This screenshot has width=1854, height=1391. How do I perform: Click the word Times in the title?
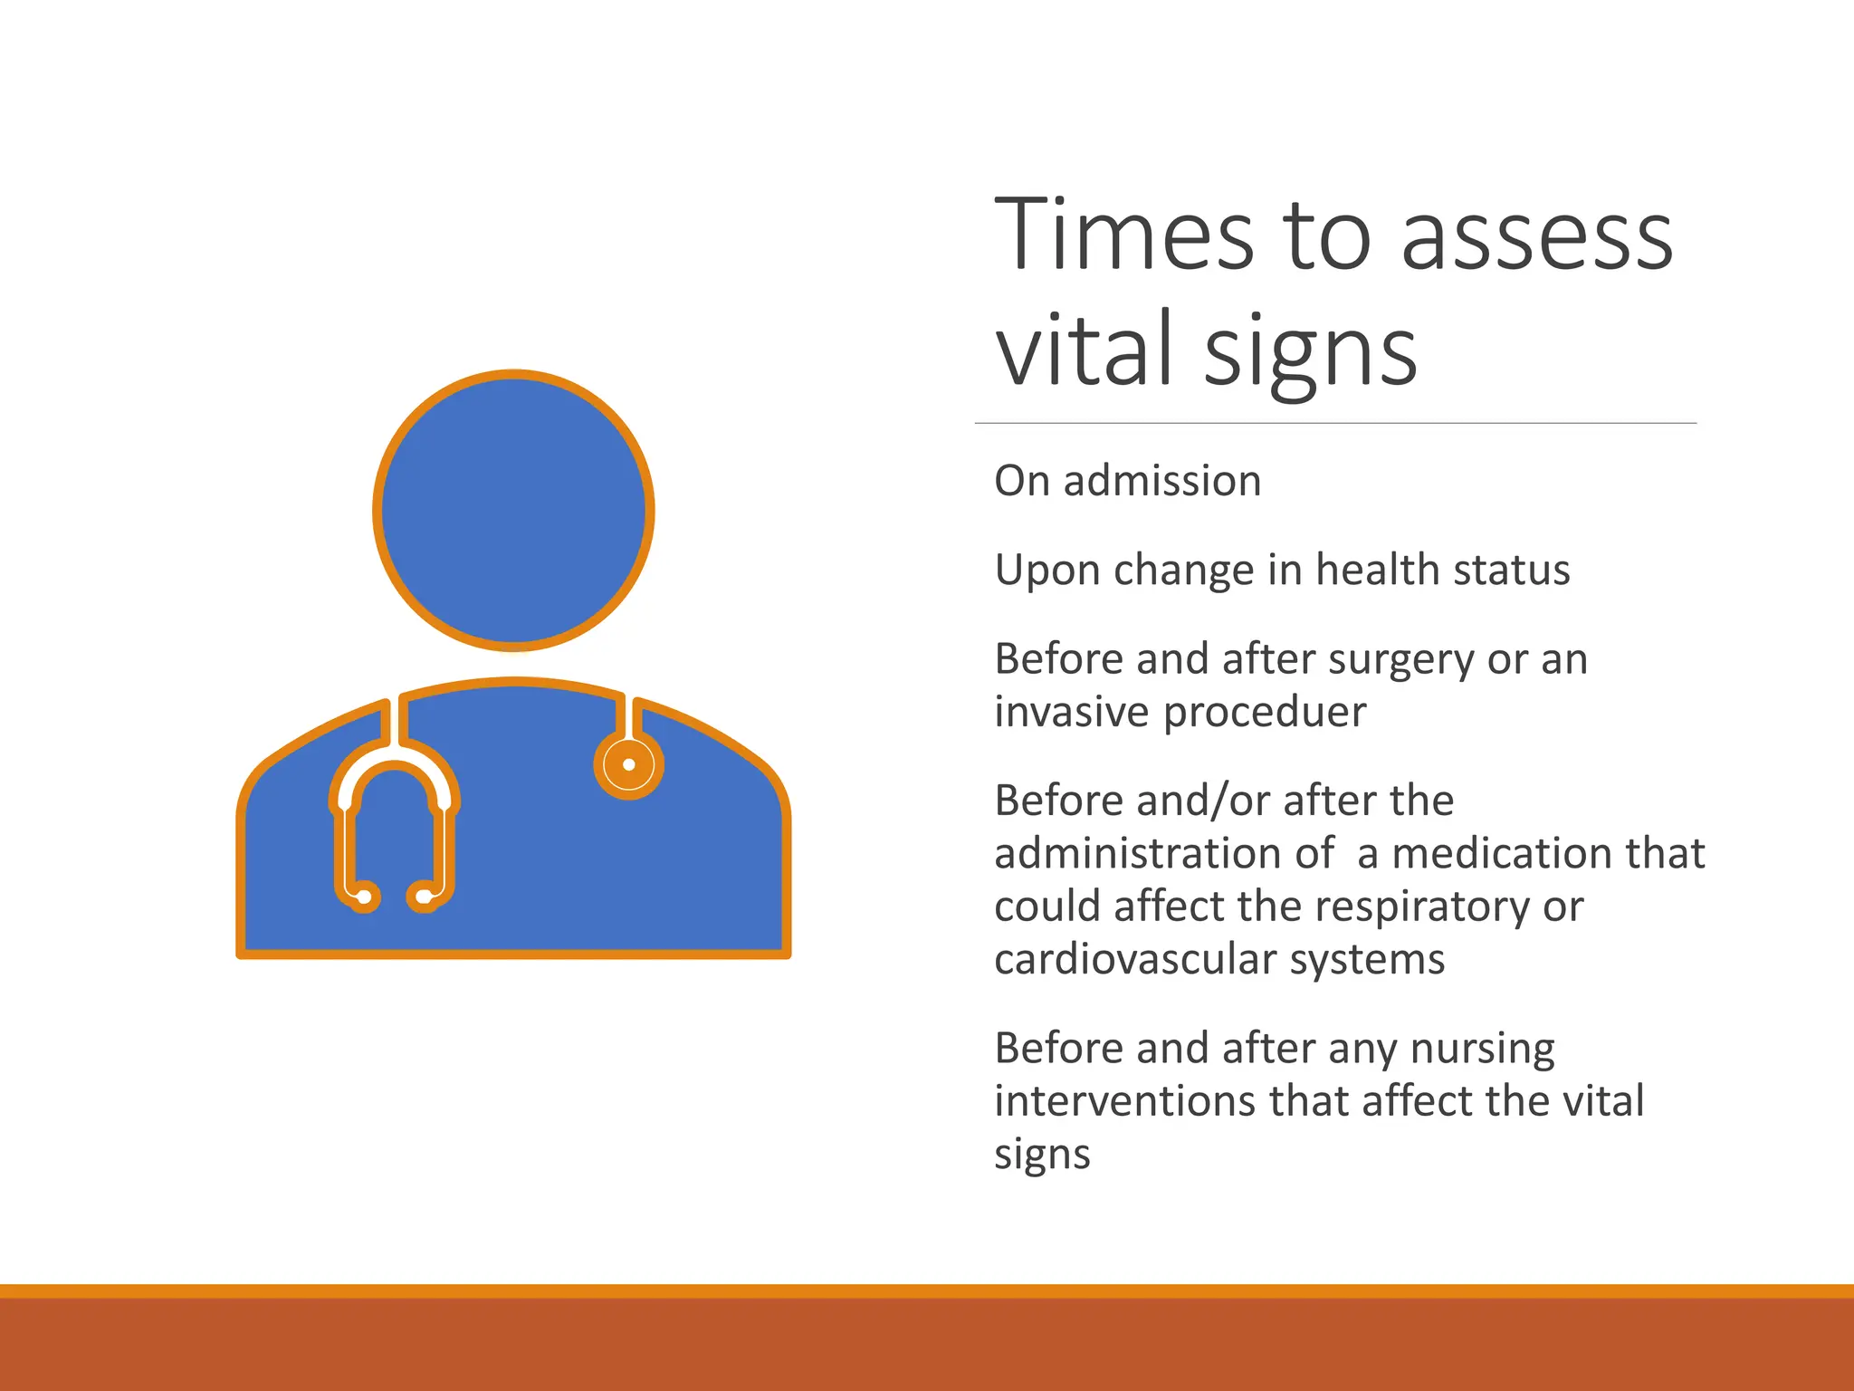1123,235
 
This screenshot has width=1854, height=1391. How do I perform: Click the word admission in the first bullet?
1161,481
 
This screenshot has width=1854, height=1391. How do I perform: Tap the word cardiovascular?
1135,959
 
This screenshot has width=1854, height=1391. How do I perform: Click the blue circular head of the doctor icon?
513,510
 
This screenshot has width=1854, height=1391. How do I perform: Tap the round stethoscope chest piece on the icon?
628,765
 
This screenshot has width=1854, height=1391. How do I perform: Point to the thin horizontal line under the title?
1335,423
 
